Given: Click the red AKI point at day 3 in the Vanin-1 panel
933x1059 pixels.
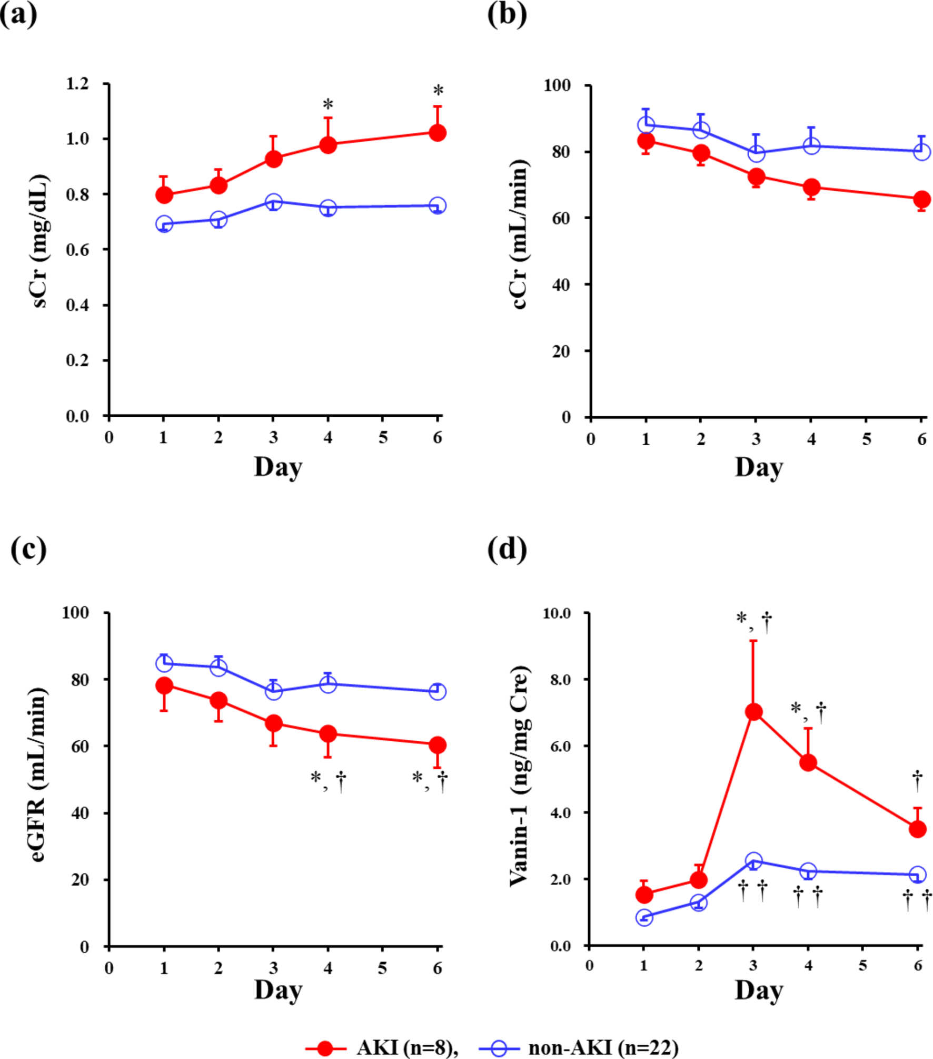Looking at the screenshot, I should pyautogui.click(x=753, y=712).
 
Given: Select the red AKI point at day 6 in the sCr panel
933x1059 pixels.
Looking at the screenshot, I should pyautogui.click(x=438, y=133).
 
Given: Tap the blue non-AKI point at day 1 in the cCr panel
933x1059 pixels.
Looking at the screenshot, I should pyautogui.click(x=646, y=125).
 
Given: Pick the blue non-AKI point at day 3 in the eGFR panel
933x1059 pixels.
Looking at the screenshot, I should pyautogui.click(x=273, y=691).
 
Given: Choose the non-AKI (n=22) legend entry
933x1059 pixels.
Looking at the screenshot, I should pyautogui.click(x=579, y=1048).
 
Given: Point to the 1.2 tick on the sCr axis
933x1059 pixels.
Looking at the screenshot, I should pyautogui.click(x=77, y=84).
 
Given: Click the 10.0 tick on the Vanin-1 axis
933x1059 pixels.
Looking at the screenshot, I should pyautogui.click(x=557, y=613).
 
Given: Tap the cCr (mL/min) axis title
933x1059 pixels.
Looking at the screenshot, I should pyautogui.click(x=519, y=233).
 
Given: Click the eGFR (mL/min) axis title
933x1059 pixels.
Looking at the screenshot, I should pyautogui.click(x=38, y=774).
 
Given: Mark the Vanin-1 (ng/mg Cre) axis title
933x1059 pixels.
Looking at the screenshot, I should pyautogui.click(x=519, y=776).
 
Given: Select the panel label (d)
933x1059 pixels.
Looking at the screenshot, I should pyautogui.click(x=507, y=550).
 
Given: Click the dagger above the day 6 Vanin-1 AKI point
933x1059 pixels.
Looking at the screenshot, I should pyautogui.click(x=917, y=780).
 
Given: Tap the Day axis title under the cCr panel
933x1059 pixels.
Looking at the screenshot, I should pyautogui.click(x=759, y=467).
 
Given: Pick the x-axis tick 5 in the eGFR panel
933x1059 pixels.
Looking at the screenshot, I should pyautogui.click(x=382, y=968).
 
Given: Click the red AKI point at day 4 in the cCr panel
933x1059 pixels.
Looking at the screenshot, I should pyautogui.click(x=812, y=187).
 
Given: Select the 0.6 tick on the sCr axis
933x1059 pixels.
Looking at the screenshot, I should pyautogui.click(x=77, y=250).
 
